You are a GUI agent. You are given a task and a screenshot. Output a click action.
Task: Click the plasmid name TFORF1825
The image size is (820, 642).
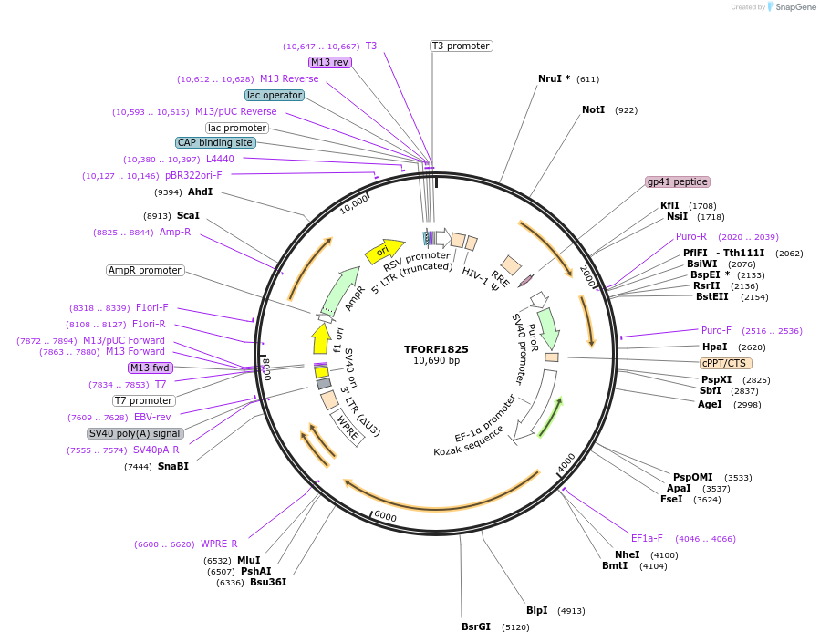(436, 348)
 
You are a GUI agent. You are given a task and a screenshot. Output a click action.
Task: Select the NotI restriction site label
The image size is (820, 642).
(593, 109)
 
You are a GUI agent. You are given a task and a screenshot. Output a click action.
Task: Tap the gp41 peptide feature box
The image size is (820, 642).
(677, 181)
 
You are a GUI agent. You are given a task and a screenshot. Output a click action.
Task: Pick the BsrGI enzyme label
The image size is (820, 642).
(475, 626)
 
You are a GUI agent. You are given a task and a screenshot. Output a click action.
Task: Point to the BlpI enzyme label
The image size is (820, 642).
(536, 610)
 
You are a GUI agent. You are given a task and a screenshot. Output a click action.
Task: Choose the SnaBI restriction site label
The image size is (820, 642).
(172, 466)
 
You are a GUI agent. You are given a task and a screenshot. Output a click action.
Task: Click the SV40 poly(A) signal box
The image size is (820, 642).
(135, 433)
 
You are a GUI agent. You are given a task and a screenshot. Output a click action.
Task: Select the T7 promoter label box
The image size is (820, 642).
(144, 400)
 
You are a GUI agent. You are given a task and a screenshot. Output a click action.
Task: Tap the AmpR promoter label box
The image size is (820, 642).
(145, 270)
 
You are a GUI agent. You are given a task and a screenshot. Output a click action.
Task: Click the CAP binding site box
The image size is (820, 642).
(215, 142)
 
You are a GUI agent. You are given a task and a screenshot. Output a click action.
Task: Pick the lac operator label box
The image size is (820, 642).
(274, 95)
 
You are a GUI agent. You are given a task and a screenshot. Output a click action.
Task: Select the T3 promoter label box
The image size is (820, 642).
(461, 46)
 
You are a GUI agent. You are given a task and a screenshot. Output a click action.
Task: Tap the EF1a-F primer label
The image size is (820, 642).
(647, 538)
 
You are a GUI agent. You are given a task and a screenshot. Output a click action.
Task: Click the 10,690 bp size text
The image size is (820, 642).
(436, 361)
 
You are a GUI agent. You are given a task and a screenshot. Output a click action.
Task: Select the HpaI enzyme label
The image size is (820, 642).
(714, 347)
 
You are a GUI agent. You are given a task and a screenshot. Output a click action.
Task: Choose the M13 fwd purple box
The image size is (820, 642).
(150, 368)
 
